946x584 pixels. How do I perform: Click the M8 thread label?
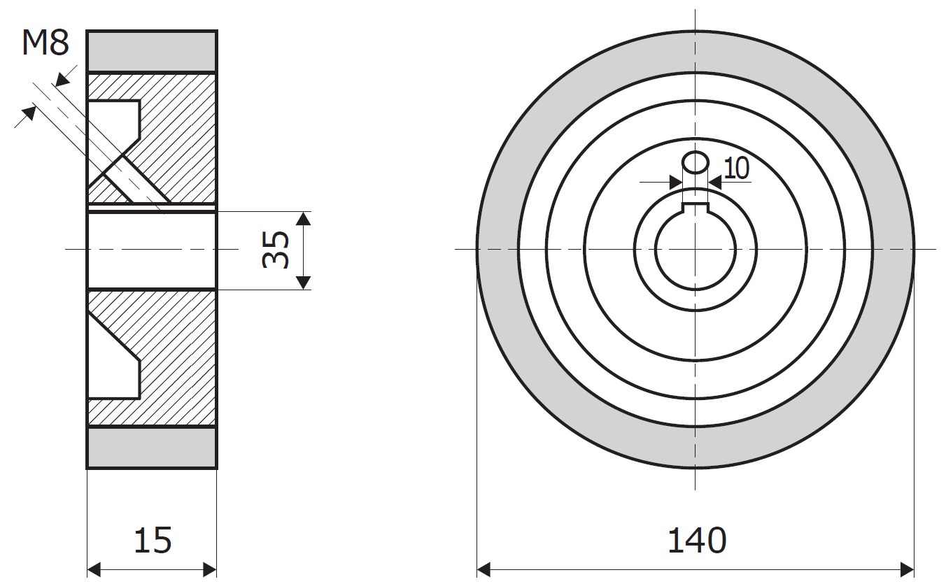[45, 43]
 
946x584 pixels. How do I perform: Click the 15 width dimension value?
[153, 540]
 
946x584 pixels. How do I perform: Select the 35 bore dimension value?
[276, 250]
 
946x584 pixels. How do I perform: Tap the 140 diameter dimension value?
[697, 540]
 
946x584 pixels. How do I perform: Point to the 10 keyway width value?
[737, 168]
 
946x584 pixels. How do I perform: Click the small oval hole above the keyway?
[695, 162]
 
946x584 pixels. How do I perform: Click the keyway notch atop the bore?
[696, 207]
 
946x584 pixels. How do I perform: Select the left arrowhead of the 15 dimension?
[94, 569]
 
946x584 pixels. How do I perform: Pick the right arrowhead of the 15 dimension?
[210, 569]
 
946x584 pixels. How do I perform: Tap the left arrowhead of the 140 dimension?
[483, 569]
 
